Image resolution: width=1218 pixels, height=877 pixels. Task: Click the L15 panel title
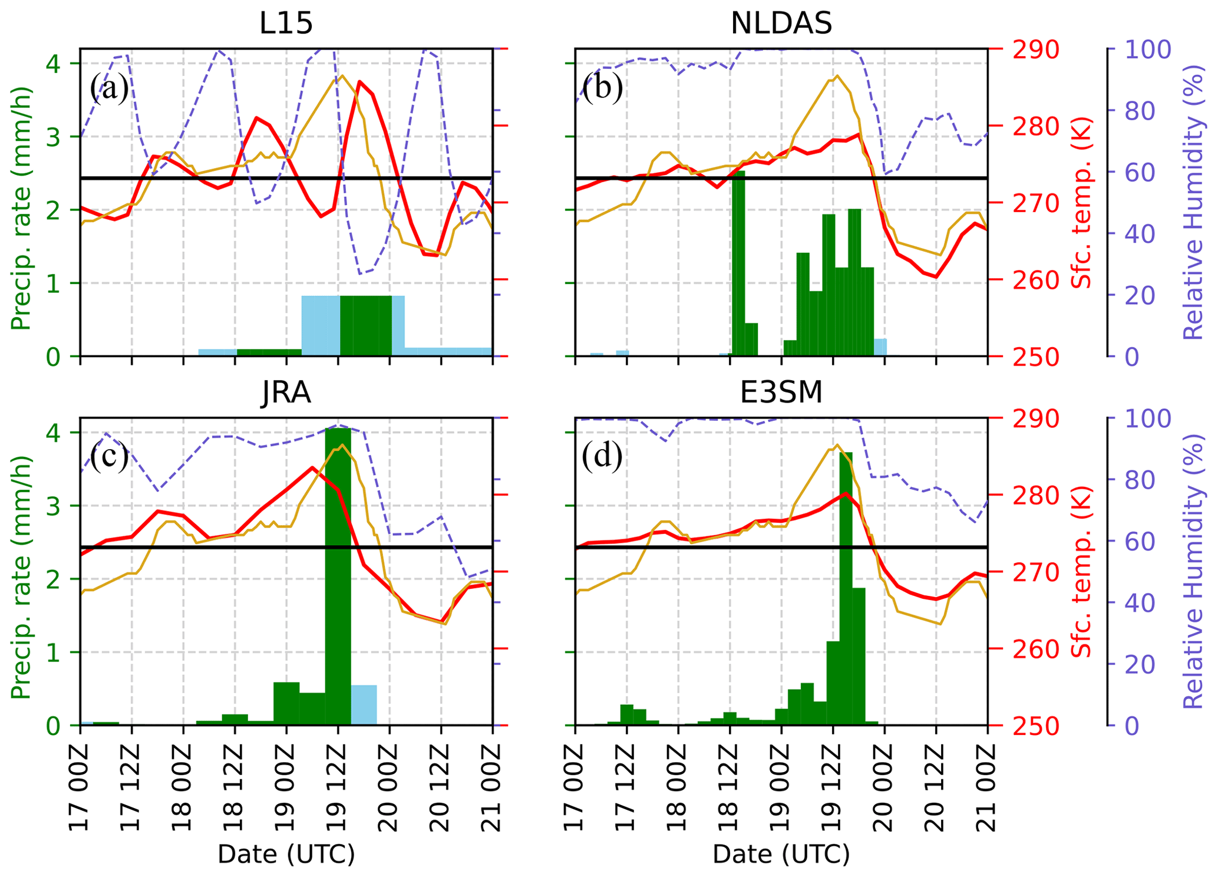point(286,24)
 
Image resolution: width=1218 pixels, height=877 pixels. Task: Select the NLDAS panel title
point(781,24)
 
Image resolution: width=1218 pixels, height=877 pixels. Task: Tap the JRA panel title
point(286,393)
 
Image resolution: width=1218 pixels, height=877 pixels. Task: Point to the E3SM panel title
point(781,393)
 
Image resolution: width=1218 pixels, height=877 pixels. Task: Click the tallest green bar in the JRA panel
point(338,578)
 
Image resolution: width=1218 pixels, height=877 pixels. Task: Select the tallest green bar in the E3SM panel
point(846,589)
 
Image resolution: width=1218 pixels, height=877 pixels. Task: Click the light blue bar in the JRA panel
point(364,705)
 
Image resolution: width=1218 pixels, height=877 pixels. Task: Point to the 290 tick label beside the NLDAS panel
point(1035,50)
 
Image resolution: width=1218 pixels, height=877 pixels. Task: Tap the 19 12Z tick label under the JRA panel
point(338,787)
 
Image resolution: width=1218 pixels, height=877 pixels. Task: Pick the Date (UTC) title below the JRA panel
point(286,854)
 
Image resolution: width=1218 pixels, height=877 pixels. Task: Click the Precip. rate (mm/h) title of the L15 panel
point(21,209)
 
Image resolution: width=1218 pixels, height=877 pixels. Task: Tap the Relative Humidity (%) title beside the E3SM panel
point(1193,572)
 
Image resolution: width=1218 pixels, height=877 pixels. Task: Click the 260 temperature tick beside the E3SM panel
point(1035,649)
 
